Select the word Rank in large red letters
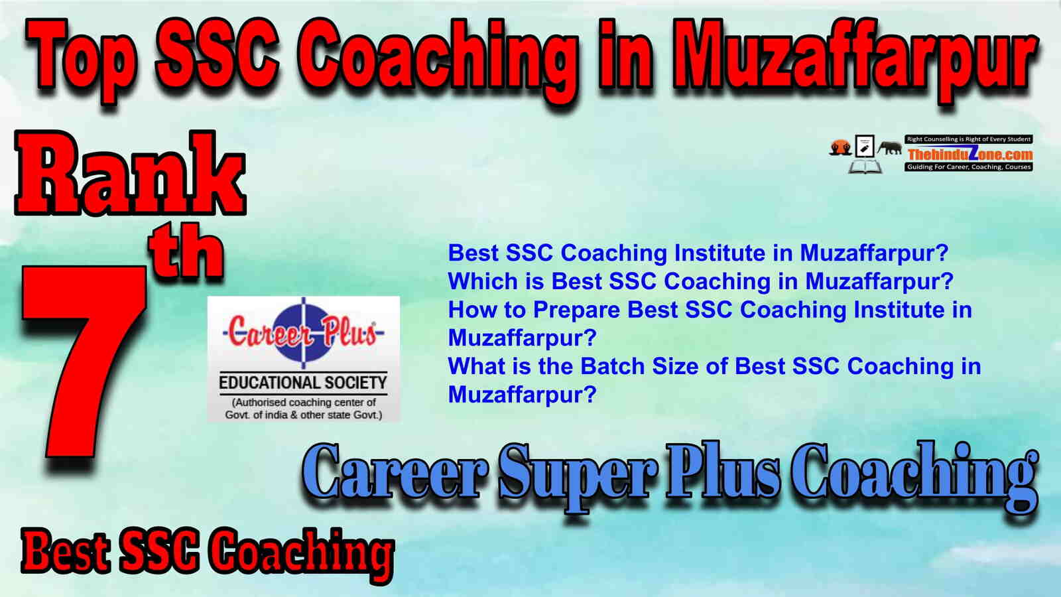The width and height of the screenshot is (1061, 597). [130, 173]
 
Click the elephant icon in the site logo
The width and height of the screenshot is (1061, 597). [889, 148]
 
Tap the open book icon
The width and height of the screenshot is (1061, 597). [865, 166]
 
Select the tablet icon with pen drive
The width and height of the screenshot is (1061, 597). [865, 147]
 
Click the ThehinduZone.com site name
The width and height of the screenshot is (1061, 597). [969, 154]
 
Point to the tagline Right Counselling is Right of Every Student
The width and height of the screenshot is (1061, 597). [969, 139]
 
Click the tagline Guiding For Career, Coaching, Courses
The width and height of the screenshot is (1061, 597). [969, 166]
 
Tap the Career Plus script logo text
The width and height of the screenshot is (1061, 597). [303, 332]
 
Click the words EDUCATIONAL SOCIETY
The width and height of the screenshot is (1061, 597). [303, 383]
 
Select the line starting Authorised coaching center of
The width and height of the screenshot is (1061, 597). [304, 402]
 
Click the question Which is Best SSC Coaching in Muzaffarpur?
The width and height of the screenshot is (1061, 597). [700, 281]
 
